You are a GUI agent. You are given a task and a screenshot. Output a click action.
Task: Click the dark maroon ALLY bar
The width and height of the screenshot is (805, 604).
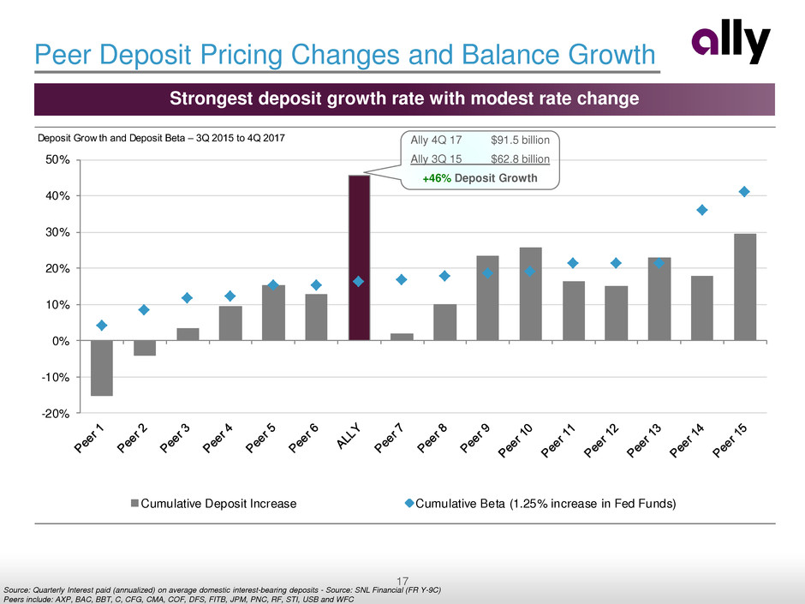pyautogui.click(x=359, y=257)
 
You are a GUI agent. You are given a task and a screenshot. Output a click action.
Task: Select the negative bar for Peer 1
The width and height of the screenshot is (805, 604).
pyautogui.click(x=102, y=368)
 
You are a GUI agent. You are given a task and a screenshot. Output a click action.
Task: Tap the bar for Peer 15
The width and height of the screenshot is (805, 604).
pyautogui.click(x=745, y=287)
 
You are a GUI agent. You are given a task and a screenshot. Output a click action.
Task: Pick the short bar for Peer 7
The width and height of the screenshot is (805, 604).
pyautogui.click(x=402, y=337)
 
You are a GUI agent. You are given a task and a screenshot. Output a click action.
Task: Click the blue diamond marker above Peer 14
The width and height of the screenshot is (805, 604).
pyautogui.click(x=702, y=210)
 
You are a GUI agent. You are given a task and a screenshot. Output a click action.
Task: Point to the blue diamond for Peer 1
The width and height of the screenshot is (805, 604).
pyautogui.click(x=102, y=326)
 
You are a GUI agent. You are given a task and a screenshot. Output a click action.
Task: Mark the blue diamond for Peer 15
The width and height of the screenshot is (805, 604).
pyautogui.click(x=745, y=192)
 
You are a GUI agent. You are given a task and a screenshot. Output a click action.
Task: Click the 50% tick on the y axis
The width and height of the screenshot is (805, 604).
pyautogui.click(x=57, y=160)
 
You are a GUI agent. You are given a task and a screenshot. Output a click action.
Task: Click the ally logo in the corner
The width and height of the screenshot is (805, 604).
pyautogui.click(x=731, y=45)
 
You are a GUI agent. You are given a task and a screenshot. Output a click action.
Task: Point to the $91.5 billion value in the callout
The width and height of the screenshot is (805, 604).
pyautogui.click(x=520, y=140)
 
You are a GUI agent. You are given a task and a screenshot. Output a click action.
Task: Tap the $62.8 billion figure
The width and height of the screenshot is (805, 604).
pyautogui.click(x=520, y=158)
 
